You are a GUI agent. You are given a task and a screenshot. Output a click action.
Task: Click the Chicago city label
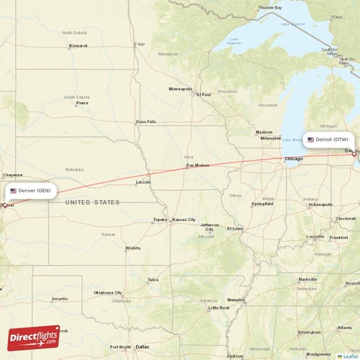click(294, 158)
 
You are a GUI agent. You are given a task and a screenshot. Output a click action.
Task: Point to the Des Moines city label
click(197, 165)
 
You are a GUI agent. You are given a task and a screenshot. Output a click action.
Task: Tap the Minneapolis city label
click(180, 89)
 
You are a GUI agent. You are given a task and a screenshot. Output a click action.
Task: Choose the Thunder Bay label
click(270, 7)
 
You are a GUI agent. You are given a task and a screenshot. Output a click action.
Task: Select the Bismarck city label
click(78, 45)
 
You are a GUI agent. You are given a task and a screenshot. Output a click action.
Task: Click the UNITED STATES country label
click(93, 202)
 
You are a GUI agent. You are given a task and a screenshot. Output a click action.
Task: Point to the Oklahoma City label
click(108, 293)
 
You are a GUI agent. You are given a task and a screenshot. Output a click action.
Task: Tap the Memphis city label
click(235, 300)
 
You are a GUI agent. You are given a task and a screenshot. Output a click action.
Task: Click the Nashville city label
click(307, 279)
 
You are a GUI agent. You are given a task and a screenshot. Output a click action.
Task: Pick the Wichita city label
click(132, 248)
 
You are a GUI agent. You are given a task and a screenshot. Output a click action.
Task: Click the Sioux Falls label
click(145, 122)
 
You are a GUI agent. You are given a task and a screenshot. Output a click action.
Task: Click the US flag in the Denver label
click(13, 191)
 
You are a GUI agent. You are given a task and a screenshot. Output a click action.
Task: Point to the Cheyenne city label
click(13, 175)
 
